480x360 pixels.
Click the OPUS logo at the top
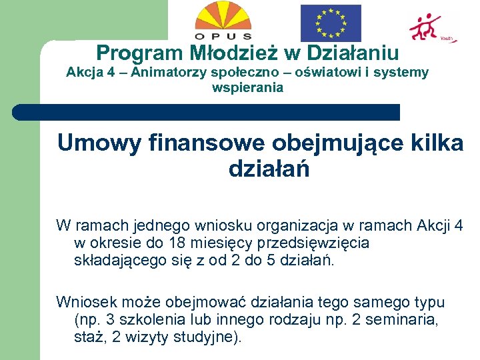pyautogui.click(x=223, y=21)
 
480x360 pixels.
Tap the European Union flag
pyautogui.click(x=330, y=23)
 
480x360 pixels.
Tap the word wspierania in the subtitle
pyautogui.click(x=247, y=87)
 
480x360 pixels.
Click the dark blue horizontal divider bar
pyautogui.click(x=207, y=113)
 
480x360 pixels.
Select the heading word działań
pyautogui.click(x=269, y=169)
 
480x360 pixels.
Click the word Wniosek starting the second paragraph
pyautogui.click(x=86, y=303)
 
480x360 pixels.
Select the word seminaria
pyautogui.click(x=406, y=320)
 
